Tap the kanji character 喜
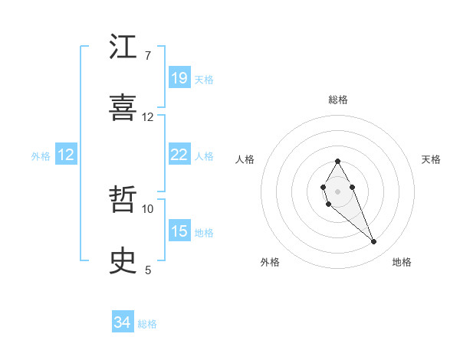[x=123, y=108]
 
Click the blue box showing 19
[x=179, y=78]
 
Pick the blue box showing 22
[x=179, y=155]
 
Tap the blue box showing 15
[x=179, y=231]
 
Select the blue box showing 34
[x=123, y=322]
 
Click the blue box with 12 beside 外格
[x=66, y=155]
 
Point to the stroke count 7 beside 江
[x=148, y=56]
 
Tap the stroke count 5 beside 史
[x=148, y=270]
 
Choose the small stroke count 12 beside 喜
[x=148, y=117]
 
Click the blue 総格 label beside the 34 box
[x=147, y=324]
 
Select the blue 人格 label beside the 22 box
[x=204, y=155]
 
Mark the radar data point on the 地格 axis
[x=374, y=242]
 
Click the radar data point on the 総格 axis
[x=337, y=161]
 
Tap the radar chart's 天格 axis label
[x=432, y=159]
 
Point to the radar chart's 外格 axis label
[x=270, y=262]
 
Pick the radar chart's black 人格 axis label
[x=245, y=159]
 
